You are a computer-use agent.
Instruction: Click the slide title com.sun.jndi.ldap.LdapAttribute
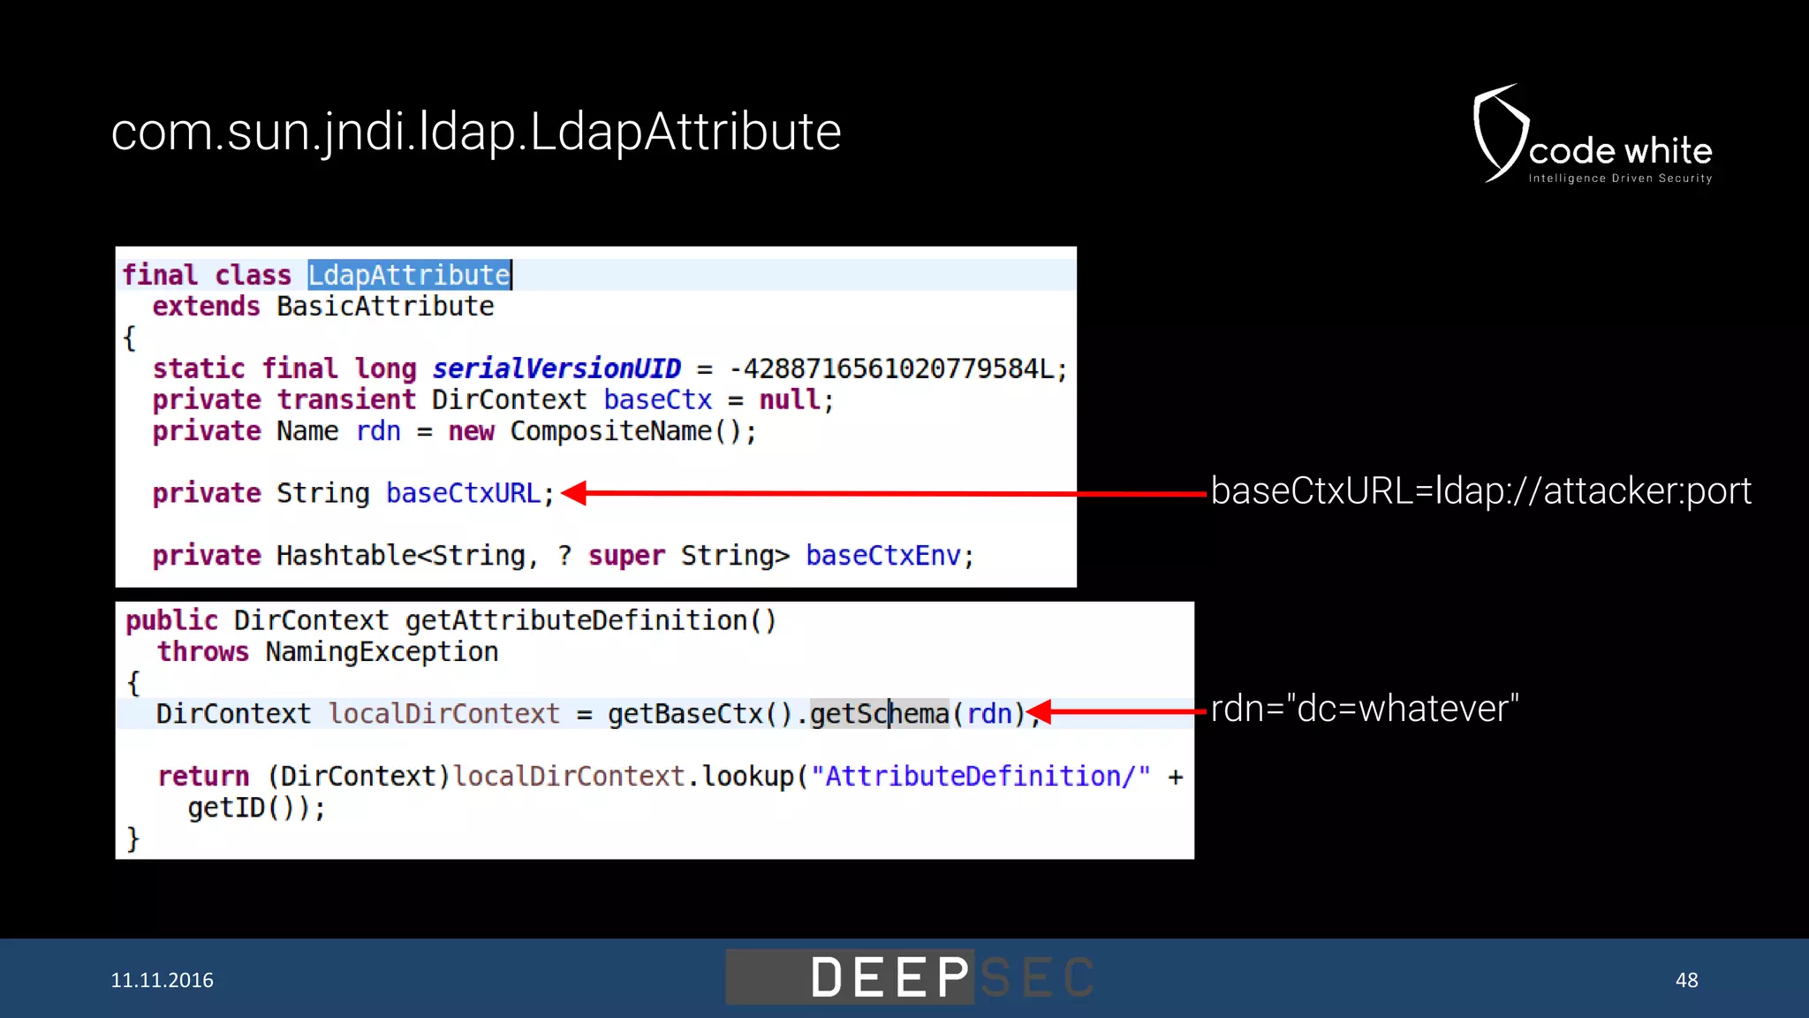point(475,133)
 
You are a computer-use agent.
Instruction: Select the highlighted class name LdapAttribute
point(409,276)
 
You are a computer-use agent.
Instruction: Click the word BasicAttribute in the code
point(385,307)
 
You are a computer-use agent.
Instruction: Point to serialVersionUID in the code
point(556,368)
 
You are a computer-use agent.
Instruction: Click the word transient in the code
point(346,399)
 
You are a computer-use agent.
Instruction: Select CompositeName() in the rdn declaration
point(632,431)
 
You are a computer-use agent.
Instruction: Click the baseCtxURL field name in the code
point(464,493)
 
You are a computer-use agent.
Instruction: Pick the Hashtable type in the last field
point(345,556)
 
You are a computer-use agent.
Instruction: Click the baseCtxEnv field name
point(882,556)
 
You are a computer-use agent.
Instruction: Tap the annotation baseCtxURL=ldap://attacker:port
point(1480,491)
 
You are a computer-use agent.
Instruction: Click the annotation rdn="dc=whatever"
point(1365,709)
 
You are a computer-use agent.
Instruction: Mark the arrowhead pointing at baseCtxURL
point(575,493)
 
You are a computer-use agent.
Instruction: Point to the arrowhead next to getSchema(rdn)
point(1041,711)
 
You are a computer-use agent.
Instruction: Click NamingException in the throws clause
point(382,652)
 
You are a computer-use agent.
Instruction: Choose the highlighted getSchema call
point(879,714)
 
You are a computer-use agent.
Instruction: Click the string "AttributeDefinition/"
point(980,777)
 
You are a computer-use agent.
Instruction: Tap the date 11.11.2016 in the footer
point(162,980)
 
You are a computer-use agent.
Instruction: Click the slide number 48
point(1686,980)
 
